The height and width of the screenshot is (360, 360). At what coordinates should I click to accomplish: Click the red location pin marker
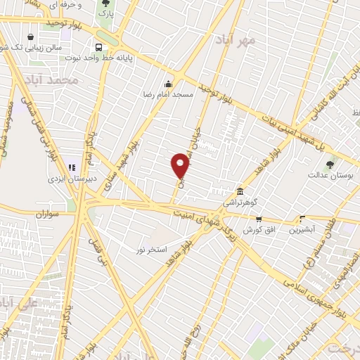coord(181,166)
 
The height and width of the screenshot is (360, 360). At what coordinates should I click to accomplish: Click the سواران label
coord(43,212)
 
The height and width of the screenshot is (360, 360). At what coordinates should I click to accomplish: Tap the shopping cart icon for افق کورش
coord(258,219)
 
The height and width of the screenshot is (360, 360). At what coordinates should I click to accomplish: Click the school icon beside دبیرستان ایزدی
coord(70,169)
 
